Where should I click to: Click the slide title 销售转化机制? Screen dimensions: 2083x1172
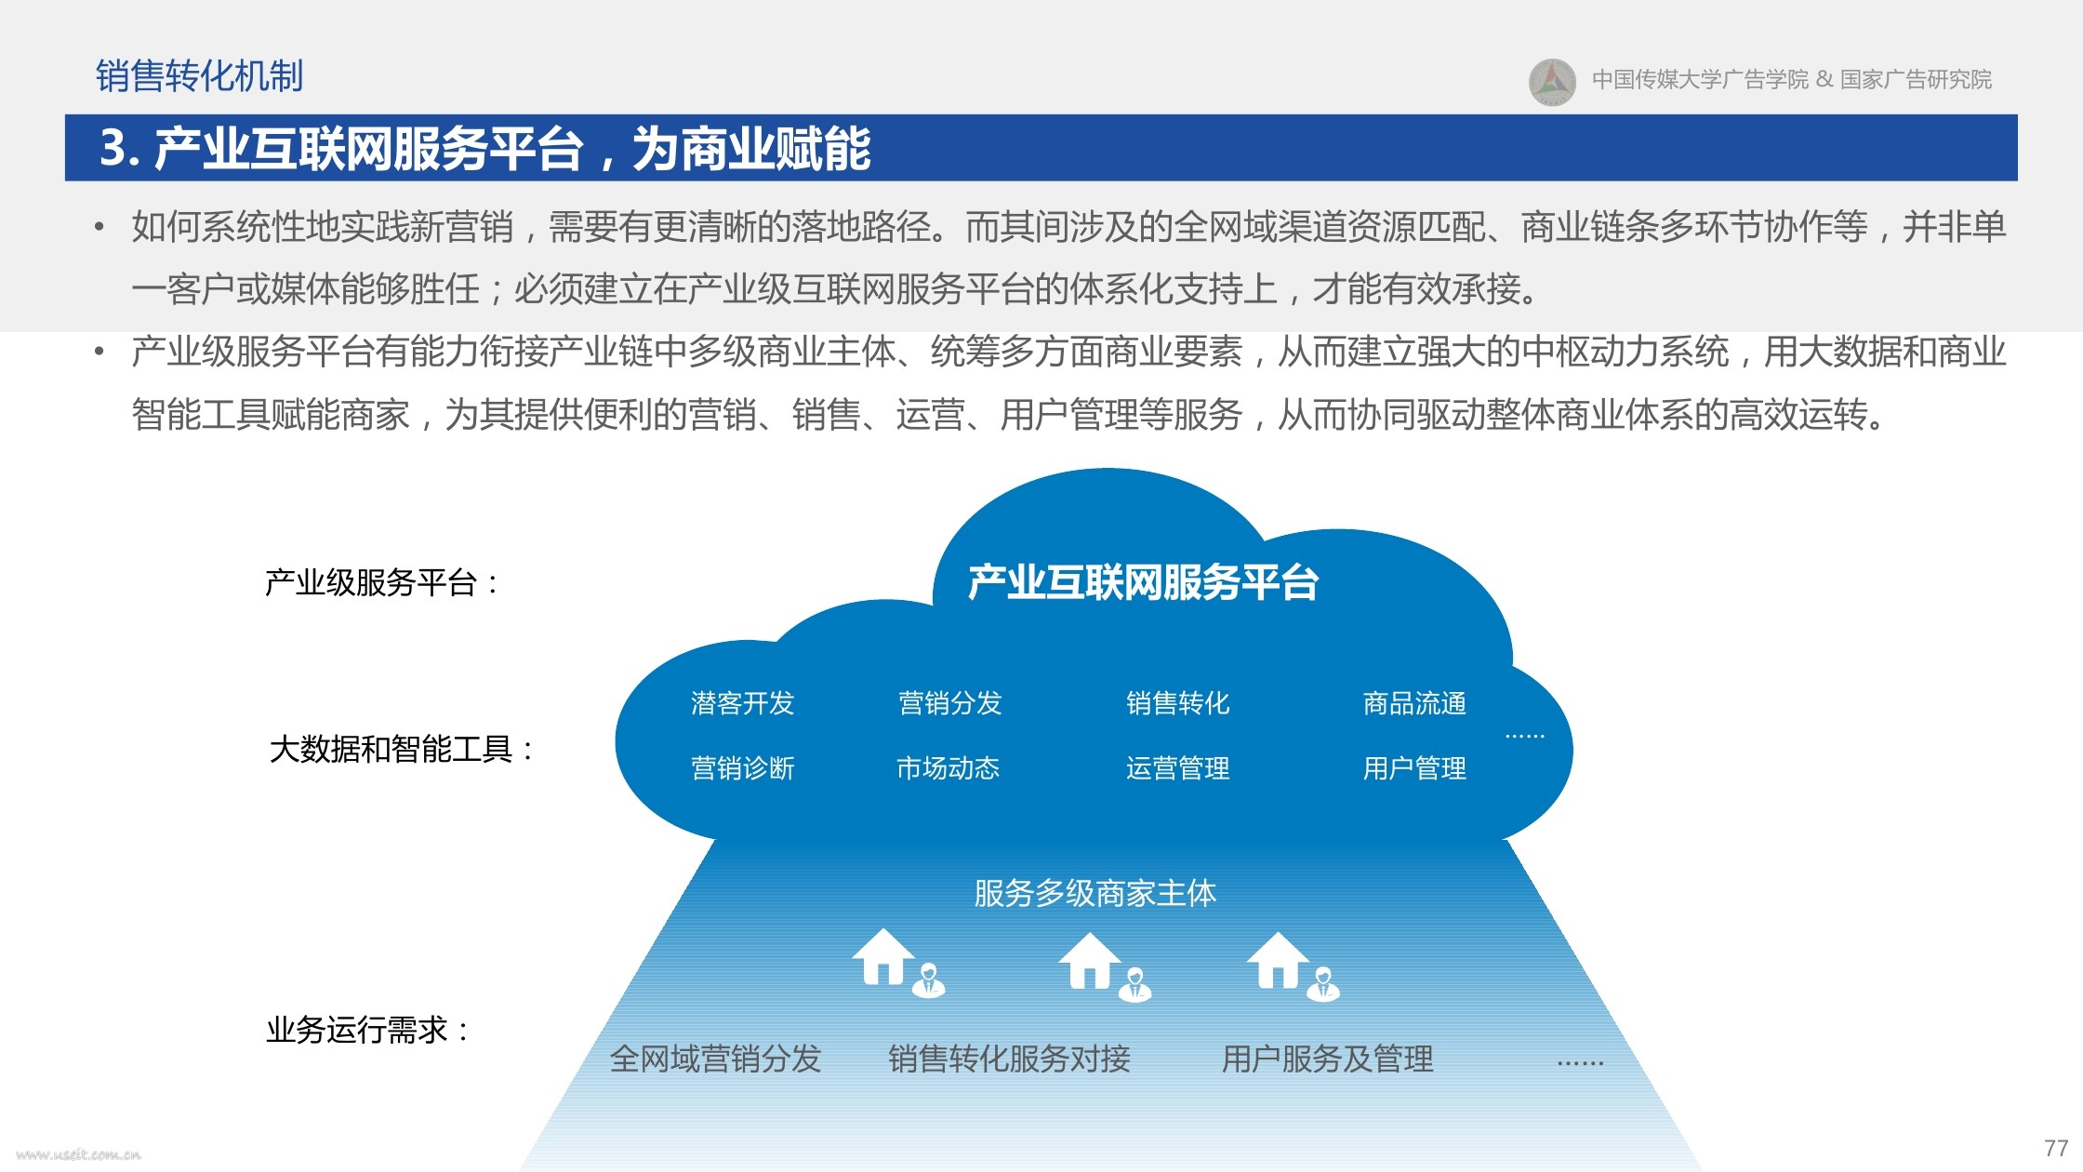point(199,76)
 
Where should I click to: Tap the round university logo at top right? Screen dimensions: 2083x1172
point(1552,82)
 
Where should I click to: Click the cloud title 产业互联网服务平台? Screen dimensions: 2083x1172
point(1143,582)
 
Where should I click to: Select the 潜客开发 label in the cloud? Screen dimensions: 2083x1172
point(742,703)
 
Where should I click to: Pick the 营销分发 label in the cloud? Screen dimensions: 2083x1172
point(949,703)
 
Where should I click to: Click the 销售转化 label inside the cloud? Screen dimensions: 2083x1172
point(1177,703)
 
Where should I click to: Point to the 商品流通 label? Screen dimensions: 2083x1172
point(1414,703)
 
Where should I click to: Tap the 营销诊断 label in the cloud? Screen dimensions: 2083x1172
point(742,768)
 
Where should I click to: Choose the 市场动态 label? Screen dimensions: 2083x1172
point(948,768)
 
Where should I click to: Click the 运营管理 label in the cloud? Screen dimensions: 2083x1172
point(1177,768)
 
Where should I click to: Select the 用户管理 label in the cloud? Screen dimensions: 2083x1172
point(1414,768)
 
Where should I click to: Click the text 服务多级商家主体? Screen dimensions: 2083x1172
point(1095,893)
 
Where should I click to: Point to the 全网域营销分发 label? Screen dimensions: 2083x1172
point(715,1059)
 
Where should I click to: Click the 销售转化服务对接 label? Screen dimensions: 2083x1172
point(1009,1059)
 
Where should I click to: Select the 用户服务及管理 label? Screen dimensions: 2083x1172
point(1327,1059)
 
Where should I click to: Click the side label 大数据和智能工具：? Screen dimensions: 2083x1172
point(402,749)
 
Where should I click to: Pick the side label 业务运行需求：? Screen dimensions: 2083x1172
point(368,1030)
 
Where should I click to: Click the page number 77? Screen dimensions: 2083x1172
point(2056,1148)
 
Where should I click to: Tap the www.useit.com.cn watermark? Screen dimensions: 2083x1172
point(79,1154)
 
